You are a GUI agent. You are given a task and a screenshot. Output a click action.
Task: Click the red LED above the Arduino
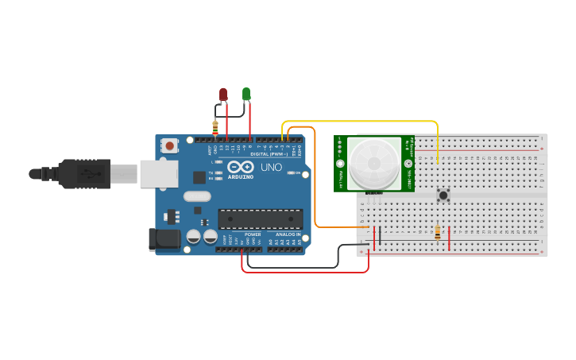point(223,95)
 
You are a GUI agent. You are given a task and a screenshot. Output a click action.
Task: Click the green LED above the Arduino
point(246,95)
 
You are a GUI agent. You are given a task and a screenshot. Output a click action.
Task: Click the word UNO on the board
point(272,168)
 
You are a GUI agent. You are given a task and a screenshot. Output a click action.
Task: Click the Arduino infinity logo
point(239,167)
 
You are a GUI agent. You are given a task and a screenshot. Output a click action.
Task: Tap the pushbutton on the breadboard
point(443,194)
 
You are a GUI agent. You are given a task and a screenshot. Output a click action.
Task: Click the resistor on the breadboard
point(438,232)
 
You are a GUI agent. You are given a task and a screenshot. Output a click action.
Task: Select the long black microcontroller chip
point(261,218)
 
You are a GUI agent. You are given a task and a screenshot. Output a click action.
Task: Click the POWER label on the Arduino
point(253,234)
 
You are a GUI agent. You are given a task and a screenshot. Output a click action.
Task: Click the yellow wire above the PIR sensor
point(358,122)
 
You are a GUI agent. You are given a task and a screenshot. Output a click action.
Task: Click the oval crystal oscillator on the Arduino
point(197,195)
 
